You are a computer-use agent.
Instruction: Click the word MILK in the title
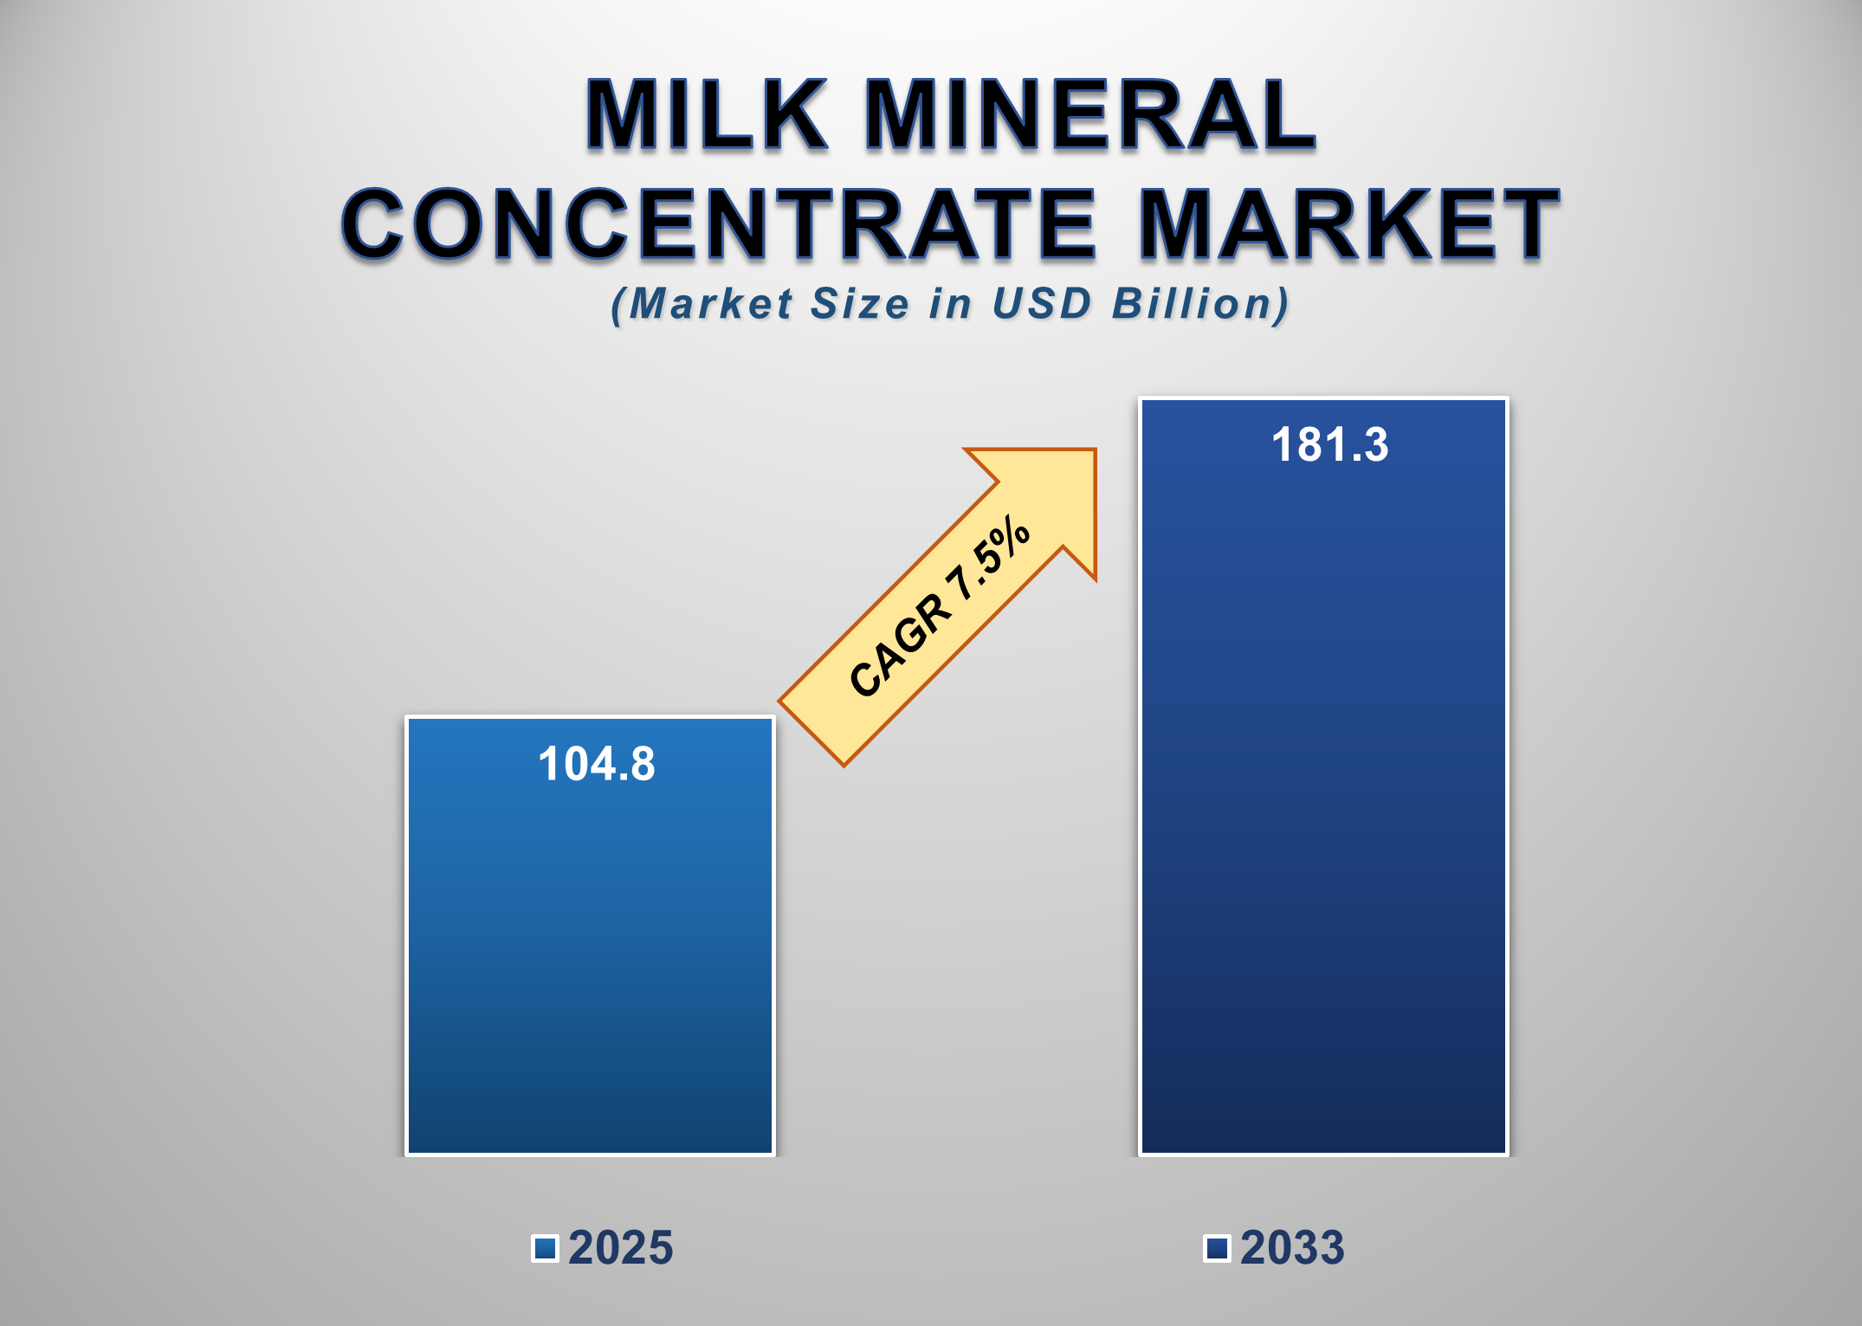pos(706,114)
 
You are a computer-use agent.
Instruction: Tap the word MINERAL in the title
pos(1089,114)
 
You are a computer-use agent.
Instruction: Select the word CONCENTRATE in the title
pos(719,224)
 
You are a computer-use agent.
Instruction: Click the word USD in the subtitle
pos(1042,304)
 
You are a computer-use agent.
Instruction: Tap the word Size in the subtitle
pos(859,304)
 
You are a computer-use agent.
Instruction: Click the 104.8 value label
pos(597,764)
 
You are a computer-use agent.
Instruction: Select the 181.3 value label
pos(1329,445)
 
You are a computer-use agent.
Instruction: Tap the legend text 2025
pos(620,1248)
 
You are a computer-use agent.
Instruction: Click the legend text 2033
pos(1292,1248)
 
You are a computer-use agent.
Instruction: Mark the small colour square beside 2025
pos(545,1248)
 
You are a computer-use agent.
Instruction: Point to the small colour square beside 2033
pos(1217,1248)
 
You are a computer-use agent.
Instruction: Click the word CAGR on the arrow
pos(901,645)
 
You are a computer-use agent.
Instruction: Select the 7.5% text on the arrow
pos(990,559)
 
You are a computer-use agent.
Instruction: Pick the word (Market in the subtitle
pos(701,304)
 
